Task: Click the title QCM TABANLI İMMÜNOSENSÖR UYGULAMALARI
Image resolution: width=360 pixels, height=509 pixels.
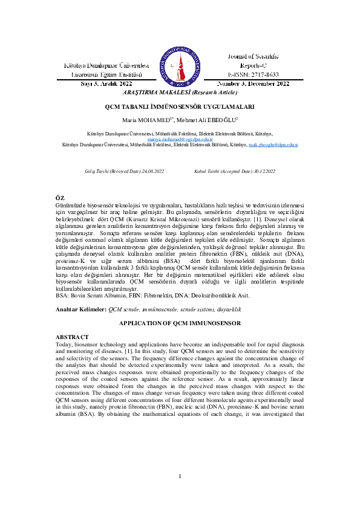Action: point(179,106)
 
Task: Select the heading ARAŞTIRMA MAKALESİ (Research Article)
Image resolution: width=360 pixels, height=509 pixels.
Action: point(180,92)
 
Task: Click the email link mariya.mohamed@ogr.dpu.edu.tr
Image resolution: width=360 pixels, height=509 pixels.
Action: point(180,138)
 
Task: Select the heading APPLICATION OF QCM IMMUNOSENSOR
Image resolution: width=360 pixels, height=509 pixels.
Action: point(180,324)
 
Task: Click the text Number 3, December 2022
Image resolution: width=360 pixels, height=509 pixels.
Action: point(253,83)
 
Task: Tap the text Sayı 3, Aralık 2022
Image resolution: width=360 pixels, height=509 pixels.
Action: point(106,83)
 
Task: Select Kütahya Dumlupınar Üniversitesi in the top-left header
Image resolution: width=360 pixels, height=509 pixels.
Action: point(106,65)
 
